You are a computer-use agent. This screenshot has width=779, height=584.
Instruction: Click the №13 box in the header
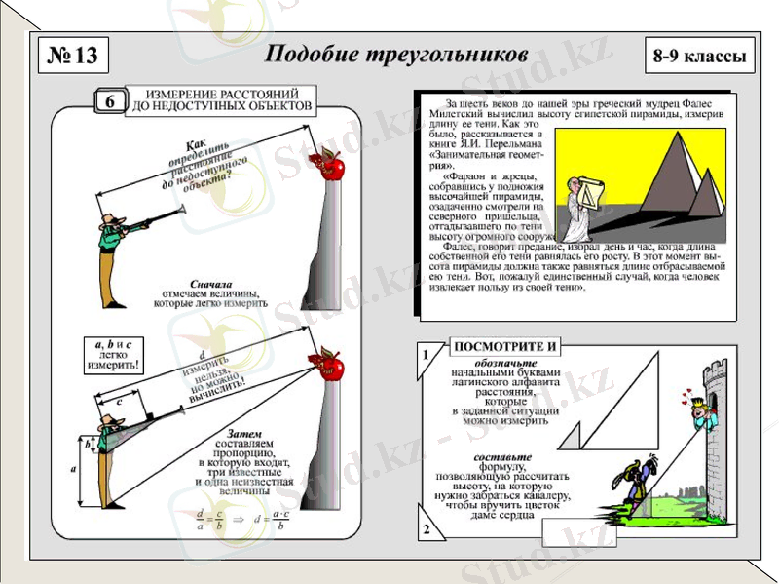point(72,56)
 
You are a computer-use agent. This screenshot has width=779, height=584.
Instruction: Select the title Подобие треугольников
point(396,54)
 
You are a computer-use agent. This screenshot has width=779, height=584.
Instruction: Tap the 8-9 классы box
point(700,57)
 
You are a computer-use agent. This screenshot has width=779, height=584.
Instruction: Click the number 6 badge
point(110,101)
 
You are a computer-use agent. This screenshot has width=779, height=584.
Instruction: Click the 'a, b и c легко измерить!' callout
point(113,356)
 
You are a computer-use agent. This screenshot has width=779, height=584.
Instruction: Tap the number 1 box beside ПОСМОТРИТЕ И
point(425,356)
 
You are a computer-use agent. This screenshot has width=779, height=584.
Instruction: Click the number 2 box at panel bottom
point(425,530)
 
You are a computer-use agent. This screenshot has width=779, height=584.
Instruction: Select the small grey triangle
point(575,433)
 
